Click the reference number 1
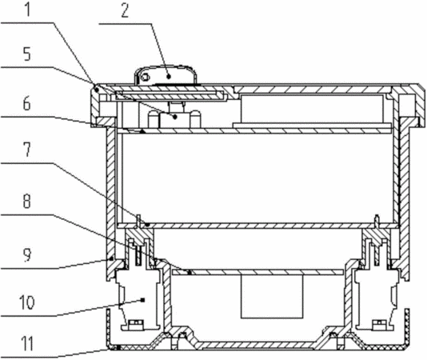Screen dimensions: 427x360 tap(28, 9)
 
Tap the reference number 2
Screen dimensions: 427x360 tap(125, 11)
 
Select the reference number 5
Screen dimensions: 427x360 tap(27, 54)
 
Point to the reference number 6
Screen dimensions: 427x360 tap(26, 104)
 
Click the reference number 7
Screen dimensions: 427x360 tap(27, 150)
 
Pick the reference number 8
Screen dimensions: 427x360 tap(26, 201)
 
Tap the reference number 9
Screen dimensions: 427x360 tap(27, 255)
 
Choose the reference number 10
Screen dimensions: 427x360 tap(27, 302)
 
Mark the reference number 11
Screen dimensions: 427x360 tap(27, 344)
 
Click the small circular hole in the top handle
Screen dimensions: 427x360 tap(146, 77)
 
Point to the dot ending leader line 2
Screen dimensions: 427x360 tap(169, 77)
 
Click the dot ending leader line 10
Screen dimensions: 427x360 tap(142, 300)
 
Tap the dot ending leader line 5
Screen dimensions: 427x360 tap(176, 117)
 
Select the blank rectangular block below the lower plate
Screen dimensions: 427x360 tap(272, 296)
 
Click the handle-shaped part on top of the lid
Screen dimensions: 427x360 tap(166, 75)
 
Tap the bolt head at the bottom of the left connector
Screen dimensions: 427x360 tap(135, 324)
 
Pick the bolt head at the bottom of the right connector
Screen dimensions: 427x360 tap(379, 324)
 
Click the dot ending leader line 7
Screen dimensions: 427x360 tap(148, 225)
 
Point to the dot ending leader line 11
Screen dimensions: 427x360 tap(118, 347)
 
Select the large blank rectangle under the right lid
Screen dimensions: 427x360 tap(312, 109)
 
